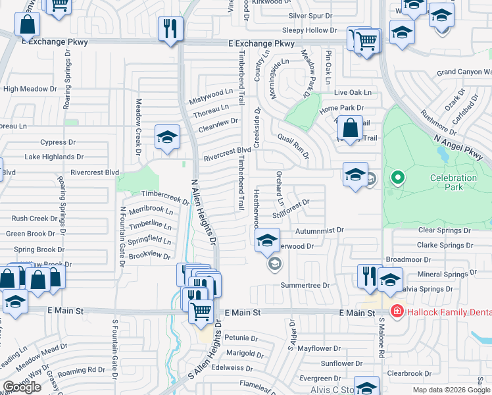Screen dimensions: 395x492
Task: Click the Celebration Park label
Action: point(453,182)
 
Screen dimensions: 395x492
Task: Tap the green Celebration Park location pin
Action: point(397,177)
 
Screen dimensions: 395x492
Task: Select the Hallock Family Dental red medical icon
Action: point(397,311)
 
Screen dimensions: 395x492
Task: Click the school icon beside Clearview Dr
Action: point(167,138)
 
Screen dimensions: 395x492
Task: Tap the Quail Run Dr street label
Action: point(293,144)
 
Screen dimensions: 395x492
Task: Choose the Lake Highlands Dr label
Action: point(54,157)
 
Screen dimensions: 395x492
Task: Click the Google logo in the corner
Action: point(22,387)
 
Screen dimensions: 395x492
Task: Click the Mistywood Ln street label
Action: point(211,97)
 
